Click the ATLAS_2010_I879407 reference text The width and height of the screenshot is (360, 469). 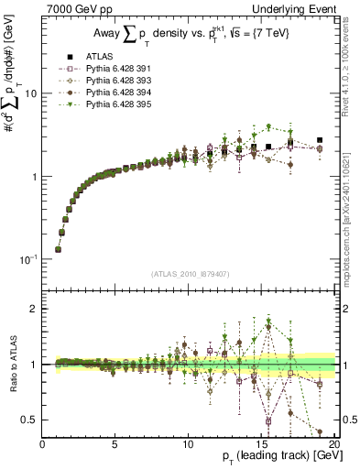coord(190,273)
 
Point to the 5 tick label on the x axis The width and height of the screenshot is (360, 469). coord(115,443)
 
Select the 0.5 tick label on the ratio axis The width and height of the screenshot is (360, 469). coord(28,420)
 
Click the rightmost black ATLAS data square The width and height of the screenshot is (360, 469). coord(319,140)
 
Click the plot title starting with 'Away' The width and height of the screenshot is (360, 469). coord(190,35)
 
